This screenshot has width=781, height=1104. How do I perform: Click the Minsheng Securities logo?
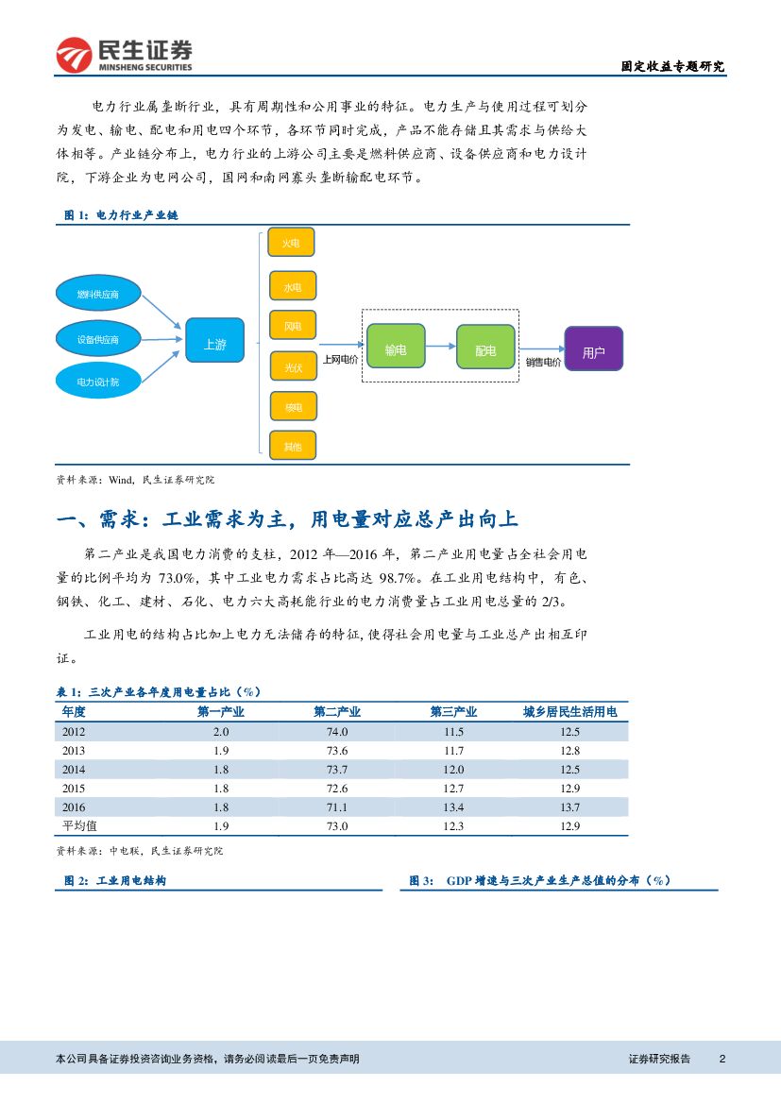coord(124,55)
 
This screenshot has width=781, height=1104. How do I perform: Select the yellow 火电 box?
coord(292,243)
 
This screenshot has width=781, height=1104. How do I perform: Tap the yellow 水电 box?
coord(292,286)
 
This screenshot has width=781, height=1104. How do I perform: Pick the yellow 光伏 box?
coord(293,365)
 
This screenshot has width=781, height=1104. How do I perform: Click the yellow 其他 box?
coord(293,446)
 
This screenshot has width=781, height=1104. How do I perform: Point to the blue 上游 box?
coord(215,345)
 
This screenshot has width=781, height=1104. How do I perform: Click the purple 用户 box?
coord(593,352)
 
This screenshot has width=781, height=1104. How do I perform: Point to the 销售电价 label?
coord(543,362)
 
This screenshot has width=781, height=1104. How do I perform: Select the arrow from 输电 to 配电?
coord(441,347)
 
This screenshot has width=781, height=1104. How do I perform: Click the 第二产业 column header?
coord(337,712)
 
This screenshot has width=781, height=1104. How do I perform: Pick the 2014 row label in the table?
coord(74,769)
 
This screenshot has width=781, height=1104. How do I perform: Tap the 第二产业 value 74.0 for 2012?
coord(337,732)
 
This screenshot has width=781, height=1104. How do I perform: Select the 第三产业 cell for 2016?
coord(453,807)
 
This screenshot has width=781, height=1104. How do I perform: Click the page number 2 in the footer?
coord(722,1059)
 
